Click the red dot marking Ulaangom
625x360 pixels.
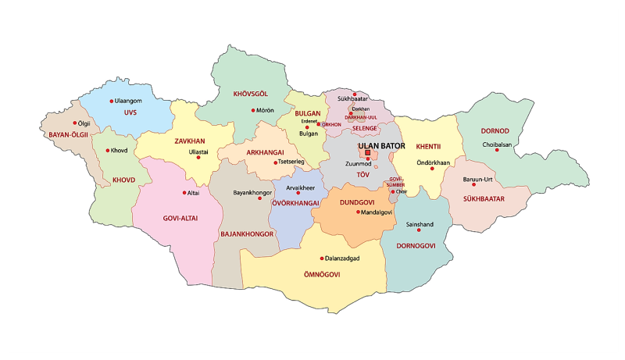click(111, 101)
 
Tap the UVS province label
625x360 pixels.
click(130, 112)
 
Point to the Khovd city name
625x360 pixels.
click(119, 150)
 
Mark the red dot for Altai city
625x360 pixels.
click(184, 193)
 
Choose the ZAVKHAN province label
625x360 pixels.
click(190, 141)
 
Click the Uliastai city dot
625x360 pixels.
click(198, 159)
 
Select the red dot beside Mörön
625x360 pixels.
click(252, 110)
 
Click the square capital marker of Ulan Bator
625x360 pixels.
click(368, 153)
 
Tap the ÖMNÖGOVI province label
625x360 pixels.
click(320, 275)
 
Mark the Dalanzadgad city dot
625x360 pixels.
click(321, 258)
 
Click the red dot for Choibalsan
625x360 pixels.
click(496, 150)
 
